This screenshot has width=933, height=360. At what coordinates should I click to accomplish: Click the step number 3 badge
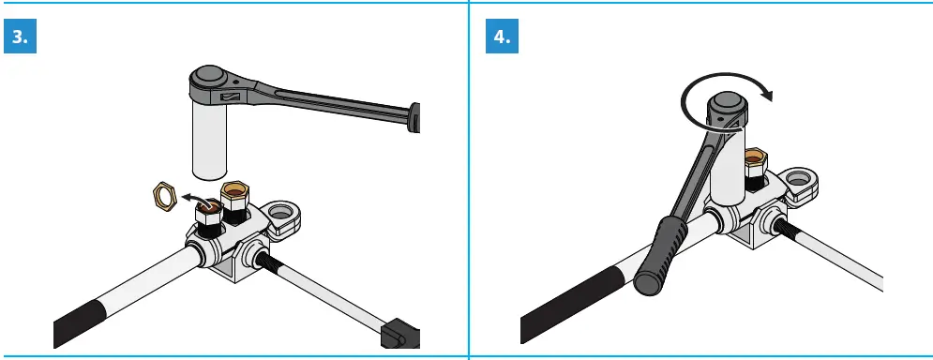click(21, 37)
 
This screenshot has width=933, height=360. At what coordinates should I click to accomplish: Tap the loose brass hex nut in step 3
click(165, 197)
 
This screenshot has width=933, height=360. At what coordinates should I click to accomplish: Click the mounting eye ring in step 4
click(800, 182)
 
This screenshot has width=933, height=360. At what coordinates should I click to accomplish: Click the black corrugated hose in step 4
click(563, 319)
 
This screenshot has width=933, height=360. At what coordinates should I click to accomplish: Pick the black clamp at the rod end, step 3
click(397, 333)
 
